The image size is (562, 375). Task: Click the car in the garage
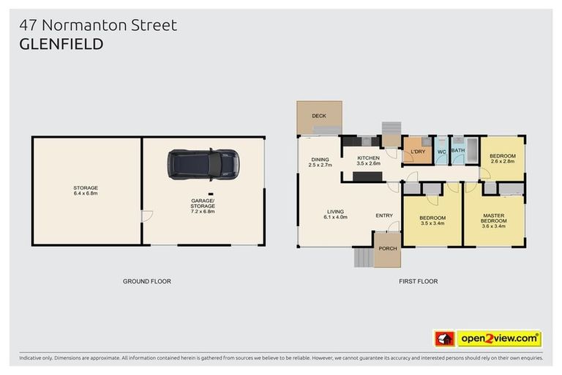point(203,164)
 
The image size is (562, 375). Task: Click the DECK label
point(318,116)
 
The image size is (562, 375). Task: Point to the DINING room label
point(320,159)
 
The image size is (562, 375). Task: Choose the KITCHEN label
point(368,158)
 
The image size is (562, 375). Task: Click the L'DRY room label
point(418,152)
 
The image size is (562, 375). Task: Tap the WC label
point(441,152)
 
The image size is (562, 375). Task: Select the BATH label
point(458,150)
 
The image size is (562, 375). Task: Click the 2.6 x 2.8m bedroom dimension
point(502,161)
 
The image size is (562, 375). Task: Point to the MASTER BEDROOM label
point(494,218)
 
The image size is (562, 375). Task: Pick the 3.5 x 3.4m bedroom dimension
point(432,224)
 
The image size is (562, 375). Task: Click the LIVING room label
point(336,212)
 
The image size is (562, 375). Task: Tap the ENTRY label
point(384,215)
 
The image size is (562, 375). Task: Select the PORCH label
point(387,248)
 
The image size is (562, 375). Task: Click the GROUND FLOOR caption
point(146,281)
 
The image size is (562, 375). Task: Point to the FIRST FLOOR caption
point(418,281)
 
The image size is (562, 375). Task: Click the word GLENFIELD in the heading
point(61,44)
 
